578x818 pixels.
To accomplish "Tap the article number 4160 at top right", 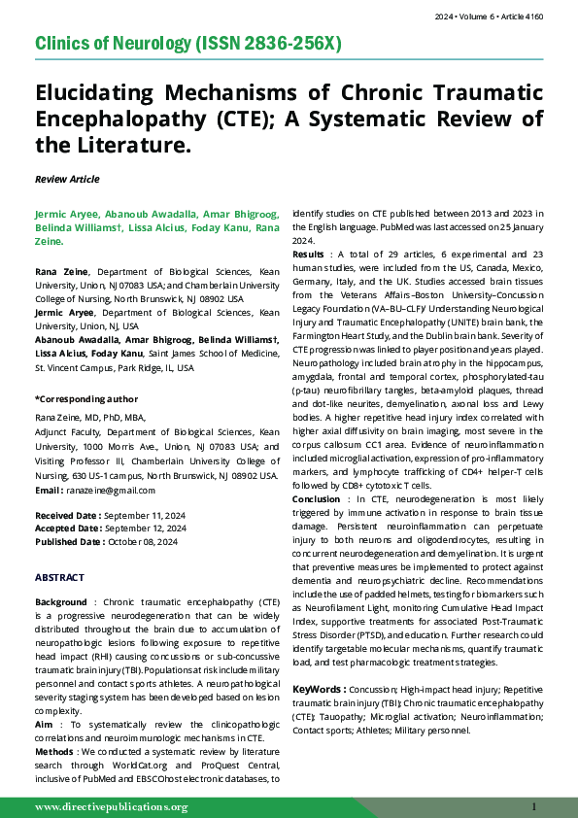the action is (x=556, y=17).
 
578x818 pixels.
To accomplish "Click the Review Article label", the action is (x=66, y=179).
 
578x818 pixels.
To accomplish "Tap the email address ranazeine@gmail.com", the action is (x=121, y=492).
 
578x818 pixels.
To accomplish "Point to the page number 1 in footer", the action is (x=534, y=806).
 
